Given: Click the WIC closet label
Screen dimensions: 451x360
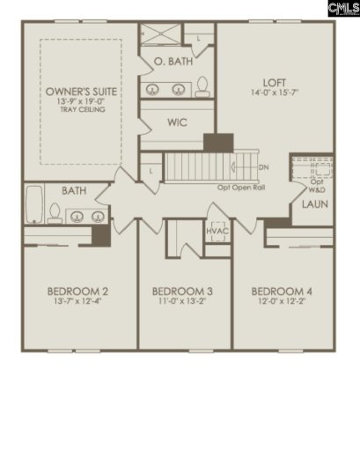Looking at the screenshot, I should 178,122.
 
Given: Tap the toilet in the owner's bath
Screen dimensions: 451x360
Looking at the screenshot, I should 203,85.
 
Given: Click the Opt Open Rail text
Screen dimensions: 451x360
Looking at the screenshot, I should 242,187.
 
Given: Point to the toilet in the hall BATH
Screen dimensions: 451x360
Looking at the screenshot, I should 55,211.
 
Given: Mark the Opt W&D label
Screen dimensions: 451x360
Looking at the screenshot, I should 314,186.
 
